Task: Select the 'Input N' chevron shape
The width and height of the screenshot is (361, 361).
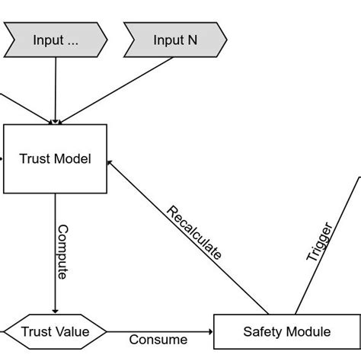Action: point(175,40)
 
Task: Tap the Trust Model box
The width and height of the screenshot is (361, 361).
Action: point(56,158)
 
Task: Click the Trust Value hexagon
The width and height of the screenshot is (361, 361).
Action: point(55,332)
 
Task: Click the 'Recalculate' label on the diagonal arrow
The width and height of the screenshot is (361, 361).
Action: point(193,233)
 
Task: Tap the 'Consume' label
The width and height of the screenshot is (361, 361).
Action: point(158,340)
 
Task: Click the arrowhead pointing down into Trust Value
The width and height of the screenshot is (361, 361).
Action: point(56,309)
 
